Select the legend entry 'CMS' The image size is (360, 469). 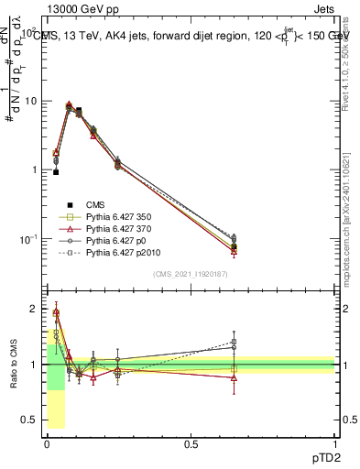click(95, 205)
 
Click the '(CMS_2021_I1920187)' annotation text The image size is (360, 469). click(190, 274)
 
